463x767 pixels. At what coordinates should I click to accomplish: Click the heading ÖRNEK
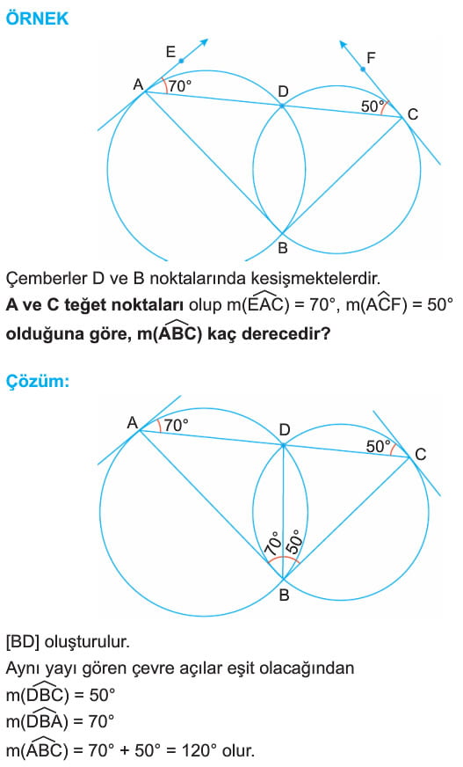(x=37, y=18)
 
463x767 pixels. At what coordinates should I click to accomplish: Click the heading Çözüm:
(x=38, y=381)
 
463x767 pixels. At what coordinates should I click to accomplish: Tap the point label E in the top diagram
(x=170, y=51)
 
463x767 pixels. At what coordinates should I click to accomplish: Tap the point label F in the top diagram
(x=371, y=58)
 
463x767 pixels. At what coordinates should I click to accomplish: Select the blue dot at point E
(x=181, y=61)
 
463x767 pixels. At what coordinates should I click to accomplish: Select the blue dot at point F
(x=363, y=69)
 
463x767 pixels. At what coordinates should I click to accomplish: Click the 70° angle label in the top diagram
(x=180, y=86)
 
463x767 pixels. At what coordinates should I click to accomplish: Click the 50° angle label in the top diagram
(x=373, y=106)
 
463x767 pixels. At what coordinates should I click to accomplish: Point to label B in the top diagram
(x=282, y=248)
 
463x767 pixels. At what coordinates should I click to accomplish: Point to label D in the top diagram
(x=283, y=91)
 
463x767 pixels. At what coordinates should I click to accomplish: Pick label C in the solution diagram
(x=421, y=455)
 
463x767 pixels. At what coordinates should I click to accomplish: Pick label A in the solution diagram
(x=133, y=422)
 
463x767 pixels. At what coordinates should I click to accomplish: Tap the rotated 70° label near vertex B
(x=273, y=543)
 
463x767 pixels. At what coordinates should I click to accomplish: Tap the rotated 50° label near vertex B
(x=294, y=542)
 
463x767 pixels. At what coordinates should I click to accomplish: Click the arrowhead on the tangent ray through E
(x=204, y=42)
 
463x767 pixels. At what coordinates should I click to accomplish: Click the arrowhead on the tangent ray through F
(x=344, y=45)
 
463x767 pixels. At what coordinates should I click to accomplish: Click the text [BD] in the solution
(x=23, y=642)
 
